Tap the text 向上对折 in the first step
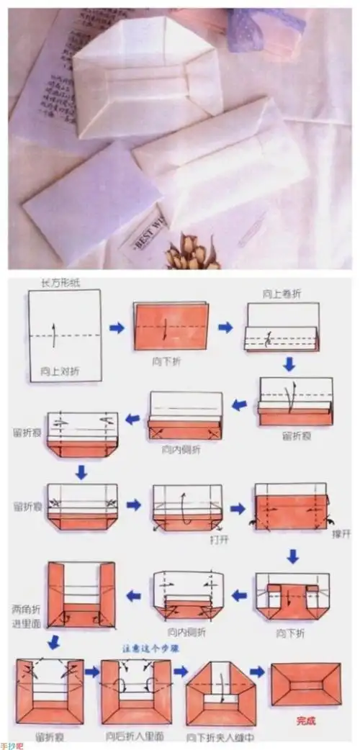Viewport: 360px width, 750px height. (56, 371)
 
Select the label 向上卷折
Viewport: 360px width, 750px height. (281, 295)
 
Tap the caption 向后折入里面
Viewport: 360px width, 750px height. (135, 737)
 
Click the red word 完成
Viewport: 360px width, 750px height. (306, 720)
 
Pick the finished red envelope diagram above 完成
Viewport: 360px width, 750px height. (305, 684)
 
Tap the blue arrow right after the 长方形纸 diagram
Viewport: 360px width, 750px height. (117, 327)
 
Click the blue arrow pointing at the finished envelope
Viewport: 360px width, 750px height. (260, 672)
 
